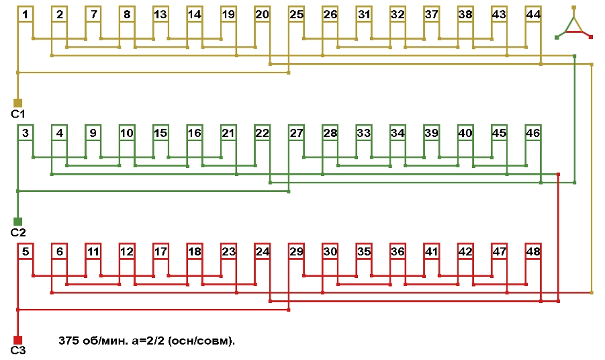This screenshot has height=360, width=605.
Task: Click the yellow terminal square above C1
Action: coord(18,103)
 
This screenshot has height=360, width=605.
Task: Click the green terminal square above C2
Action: coord(18,222)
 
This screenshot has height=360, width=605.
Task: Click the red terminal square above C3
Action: coord(18,340)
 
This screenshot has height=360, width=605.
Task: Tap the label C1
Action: coord(18,114)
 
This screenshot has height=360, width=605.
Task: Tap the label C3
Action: coord(18,351)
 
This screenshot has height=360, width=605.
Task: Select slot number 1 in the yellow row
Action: coord(25,14)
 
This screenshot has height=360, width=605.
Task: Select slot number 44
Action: coord(533,14)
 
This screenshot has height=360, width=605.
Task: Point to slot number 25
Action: coord(296,14)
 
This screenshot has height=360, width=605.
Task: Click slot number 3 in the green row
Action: coord(25,133)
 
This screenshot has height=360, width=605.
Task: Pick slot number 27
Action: coord(296,133)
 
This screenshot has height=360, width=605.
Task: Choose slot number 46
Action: coord(533,133)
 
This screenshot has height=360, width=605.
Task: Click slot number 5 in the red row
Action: coord(25,252)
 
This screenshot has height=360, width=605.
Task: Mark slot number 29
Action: coord(296,252)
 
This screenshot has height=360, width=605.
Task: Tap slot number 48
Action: coord(533,252)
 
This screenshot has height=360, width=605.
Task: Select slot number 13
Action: coord(160,14)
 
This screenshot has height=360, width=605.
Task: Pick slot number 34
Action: coord(398,133)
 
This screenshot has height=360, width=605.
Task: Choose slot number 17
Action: coord(160,252)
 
